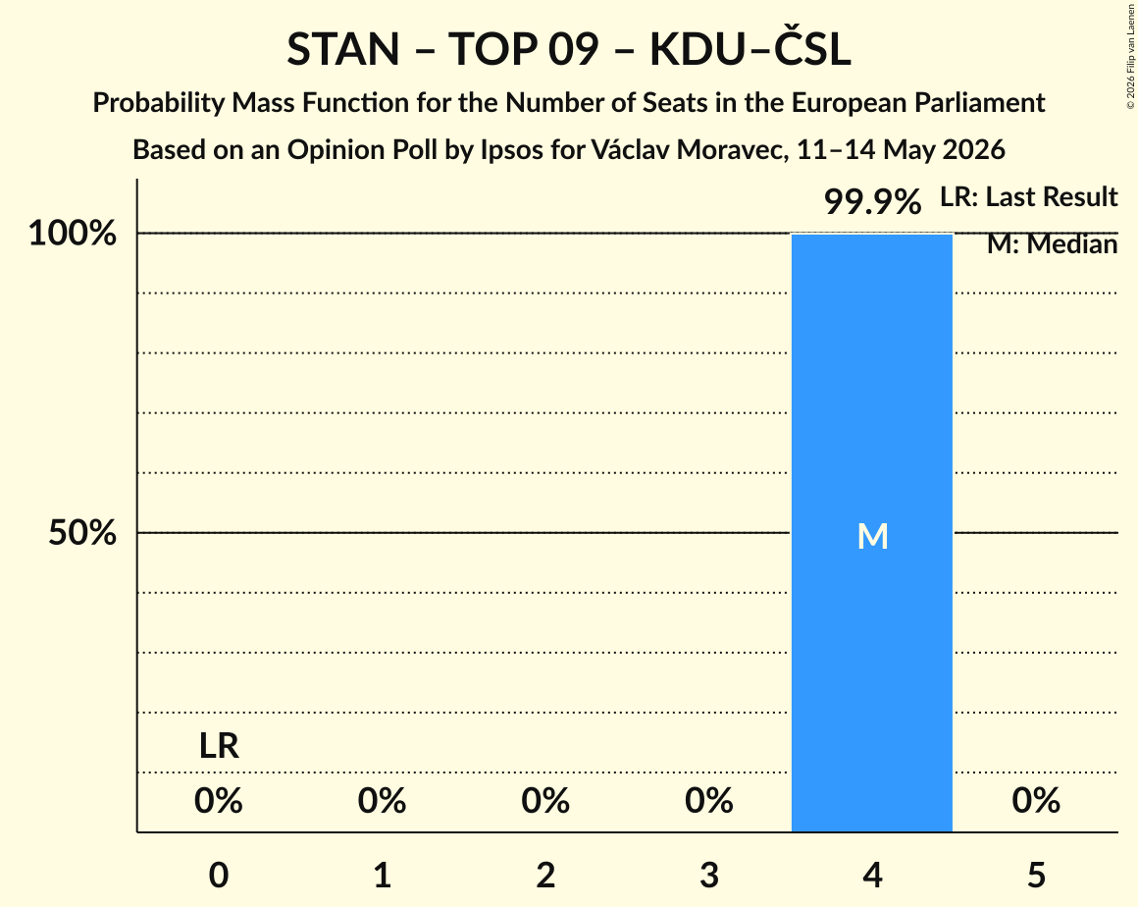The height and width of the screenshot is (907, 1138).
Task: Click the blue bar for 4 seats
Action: (x=871, y=532)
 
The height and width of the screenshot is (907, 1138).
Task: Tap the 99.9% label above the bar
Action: (x=872, y=201)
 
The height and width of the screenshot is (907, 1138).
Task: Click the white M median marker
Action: (x=872, y=537)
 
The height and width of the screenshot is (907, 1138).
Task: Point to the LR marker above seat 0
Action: (x=219, y=746)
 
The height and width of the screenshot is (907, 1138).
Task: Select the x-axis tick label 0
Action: (x=219, y=875)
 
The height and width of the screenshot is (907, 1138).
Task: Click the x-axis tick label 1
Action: (x=383, y=875)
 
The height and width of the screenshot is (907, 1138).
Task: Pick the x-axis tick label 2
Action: (x=545, y=875)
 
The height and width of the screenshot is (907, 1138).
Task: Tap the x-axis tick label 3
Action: (x=709, y=875)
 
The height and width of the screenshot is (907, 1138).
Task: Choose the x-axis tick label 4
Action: (x=872, y=875)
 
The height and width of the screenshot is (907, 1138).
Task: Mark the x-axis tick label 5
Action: (x=1036, y=875)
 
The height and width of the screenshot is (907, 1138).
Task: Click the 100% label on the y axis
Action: (x=73, y=234)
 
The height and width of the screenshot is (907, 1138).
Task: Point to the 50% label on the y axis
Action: (x=82, y=533)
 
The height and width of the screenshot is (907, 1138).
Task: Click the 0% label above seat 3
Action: (x=709, y=801)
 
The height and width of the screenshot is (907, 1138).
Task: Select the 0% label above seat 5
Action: (x=1036, y=801)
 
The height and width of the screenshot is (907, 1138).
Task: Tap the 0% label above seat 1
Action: (x=383, y=801)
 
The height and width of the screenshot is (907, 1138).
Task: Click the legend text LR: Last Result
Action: (x=1028, y=196)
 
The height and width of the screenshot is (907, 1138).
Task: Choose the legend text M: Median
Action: (x=1052, y=244)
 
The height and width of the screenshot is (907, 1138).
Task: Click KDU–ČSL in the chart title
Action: (x=750, y=49)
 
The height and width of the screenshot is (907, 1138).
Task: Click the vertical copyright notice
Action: (x=1130, y=57)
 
